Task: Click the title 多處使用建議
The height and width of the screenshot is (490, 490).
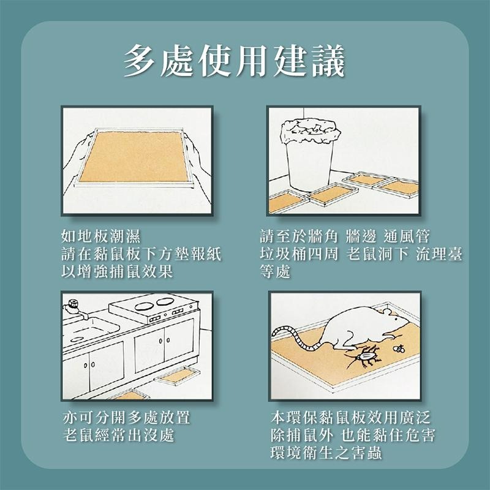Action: click(235, 61)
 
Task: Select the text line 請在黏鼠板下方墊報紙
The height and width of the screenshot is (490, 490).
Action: click(141, 254)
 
